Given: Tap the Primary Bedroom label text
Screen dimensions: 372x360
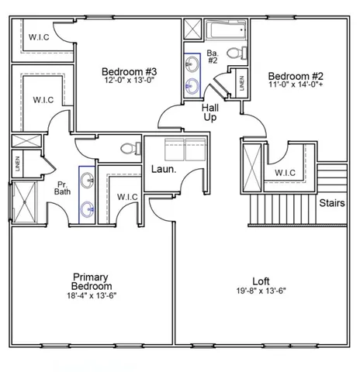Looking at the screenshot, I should point(90,281).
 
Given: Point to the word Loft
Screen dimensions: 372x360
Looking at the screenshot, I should point(261,281).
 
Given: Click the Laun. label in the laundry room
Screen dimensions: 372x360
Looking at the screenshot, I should point(163,168).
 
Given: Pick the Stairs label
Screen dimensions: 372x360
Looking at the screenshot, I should point(333,203).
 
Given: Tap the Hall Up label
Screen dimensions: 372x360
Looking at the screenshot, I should point(210,112).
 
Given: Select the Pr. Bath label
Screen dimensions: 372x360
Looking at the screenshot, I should point(63,188).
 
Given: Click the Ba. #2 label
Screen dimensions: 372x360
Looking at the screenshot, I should point(212,57).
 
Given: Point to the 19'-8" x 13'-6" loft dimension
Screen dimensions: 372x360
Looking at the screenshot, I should point(261,292).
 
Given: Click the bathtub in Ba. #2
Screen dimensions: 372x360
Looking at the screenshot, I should point(225,32).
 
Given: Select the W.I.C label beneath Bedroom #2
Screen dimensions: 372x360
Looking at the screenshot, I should point(286,172).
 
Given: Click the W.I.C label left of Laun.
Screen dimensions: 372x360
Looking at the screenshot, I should point(127,197).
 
